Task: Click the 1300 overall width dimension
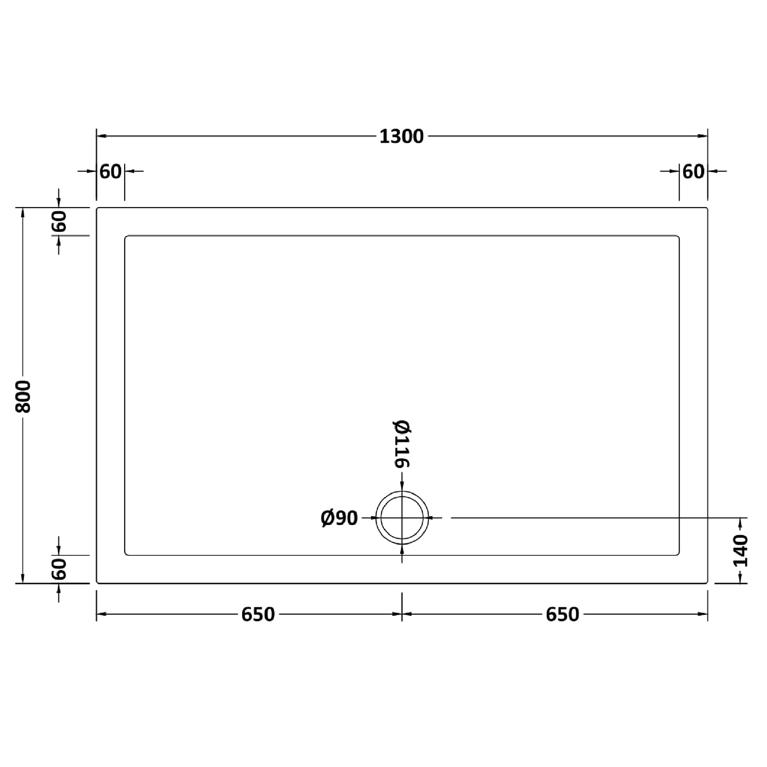pos(401,136)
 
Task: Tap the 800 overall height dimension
pos(23,397)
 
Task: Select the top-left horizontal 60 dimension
pos(110,171)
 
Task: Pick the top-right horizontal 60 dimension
pos(693,171)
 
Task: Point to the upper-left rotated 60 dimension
pos(59,221)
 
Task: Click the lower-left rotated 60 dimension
pos(59,569)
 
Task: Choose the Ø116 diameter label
pos(401,444)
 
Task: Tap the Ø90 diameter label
pos(339,518)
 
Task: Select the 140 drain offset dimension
pos(740,551)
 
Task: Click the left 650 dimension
pos(258,615)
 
